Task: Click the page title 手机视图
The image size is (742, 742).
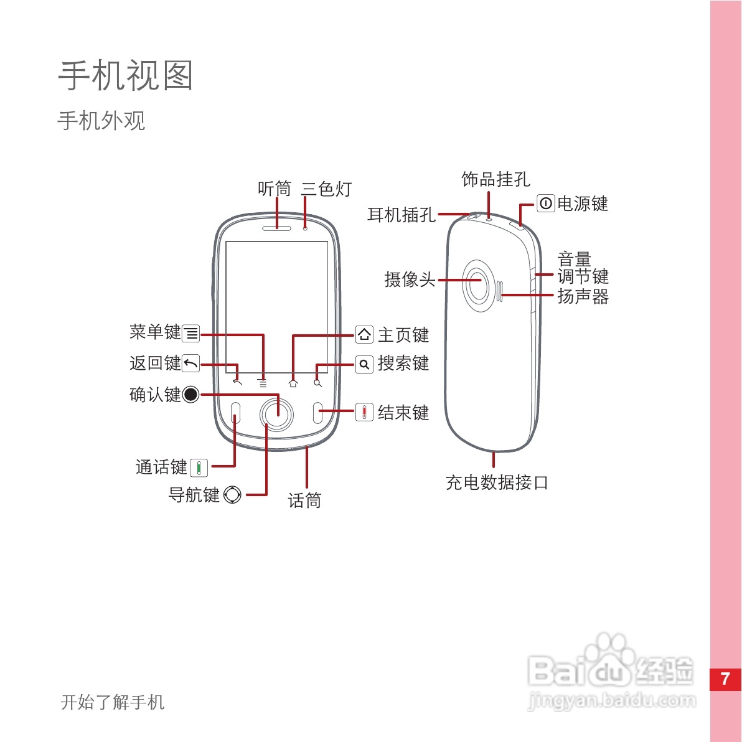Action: pyautogui.click(x=126, y=75)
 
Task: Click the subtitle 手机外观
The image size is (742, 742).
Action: pyautogui.click(x=101, y=121)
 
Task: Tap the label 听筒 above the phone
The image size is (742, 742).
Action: pyautogui.click(x=275, y=189)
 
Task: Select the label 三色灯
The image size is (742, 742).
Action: pyautogui.click(x=327, y=189)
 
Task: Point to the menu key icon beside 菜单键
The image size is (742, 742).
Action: pyautogui.click(x=191, y=334)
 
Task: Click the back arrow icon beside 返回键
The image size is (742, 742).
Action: pyautogui.click(x=191, y=363)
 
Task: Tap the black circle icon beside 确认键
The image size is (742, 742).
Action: pyautogui.click(x=191, y=395)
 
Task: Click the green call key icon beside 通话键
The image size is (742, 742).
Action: pyautogui.click(x=199, y=467)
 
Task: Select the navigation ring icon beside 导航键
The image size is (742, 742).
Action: pyautogui.click(x=232, y=495)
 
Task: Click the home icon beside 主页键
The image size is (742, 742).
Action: pyautogui.click(x=364, y=335)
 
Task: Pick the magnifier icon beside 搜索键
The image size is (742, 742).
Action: pyautogui.click(x=364, y=364)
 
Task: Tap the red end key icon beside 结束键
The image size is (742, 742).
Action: pyautogui.click(x=364, y=412)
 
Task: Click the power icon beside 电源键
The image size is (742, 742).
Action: pyautogui.click(x=546, y=204)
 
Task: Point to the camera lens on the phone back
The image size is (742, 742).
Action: pyautogui.click(x=479, y=281)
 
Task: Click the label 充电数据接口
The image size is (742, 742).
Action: pyautogui.click(x=497, y=482)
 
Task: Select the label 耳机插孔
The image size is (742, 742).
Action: pyautogui.click(x=402, y=215)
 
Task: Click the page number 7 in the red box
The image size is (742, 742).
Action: pyautogui.click(x=725, y=679)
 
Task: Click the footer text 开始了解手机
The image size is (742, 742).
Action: pyautogui.click(x=113, y=702)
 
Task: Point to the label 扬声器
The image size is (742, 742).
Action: pyautogui.click(x=583, y=296)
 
